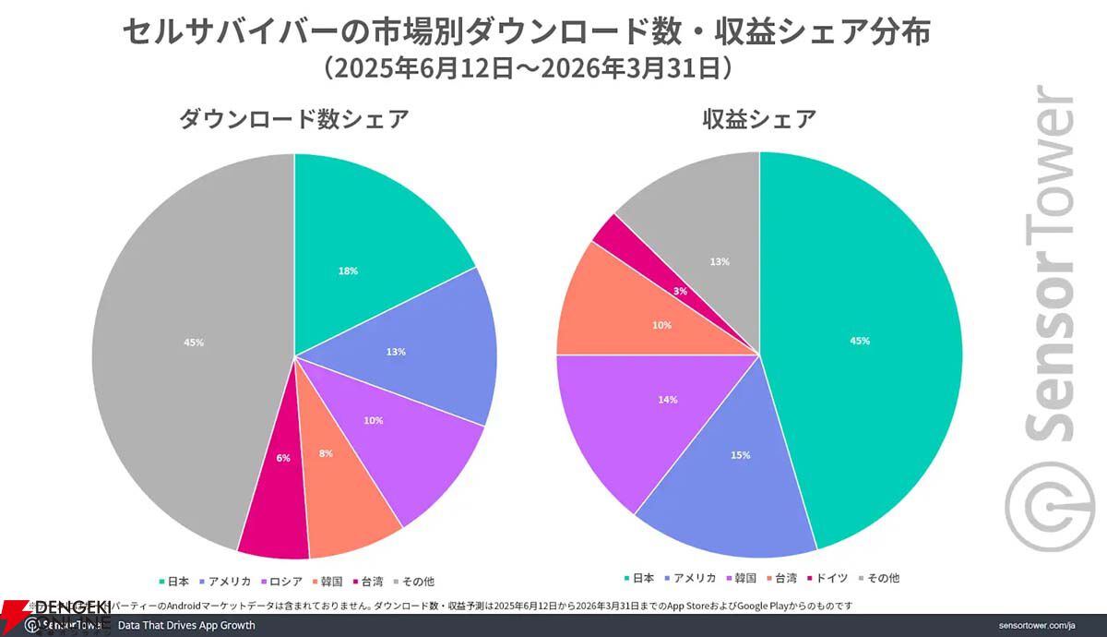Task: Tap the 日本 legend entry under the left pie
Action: click(x=175, y=582)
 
